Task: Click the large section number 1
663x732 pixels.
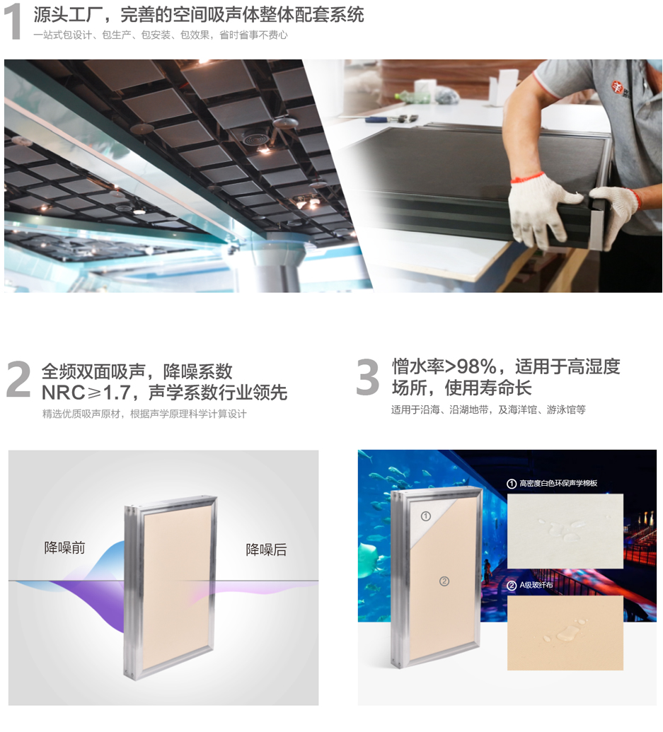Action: [13, 22]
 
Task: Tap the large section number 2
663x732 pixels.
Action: [18, 380]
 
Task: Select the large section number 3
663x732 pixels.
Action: [367, 377]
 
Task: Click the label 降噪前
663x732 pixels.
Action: [64, 547]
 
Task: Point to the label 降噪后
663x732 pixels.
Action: [266, 550]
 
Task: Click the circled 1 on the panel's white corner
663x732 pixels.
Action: [425, 516]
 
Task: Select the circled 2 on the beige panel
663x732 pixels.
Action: [444, 581]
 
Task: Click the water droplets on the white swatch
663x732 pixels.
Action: [564, 529]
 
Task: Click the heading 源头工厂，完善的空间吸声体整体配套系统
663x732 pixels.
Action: [198, 15]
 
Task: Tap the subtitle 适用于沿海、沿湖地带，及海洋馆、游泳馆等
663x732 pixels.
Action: [488, 410]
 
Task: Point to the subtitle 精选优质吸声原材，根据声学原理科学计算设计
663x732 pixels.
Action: [144, 414]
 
